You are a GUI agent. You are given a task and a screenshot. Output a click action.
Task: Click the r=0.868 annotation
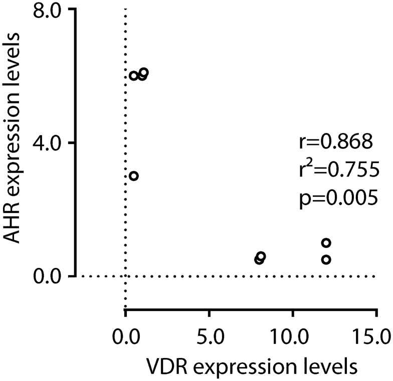333,142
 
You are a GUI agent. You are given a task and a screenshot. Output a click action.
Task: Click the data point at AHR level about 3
133,176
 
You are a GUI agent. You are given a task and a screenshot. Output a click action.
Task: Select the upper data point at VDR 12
326,243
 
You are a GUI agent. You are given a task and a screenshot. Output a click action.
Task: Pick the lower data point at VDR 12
326,259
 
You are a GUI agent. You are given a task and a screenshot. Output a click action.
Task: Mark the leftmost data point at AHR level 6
133,75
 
